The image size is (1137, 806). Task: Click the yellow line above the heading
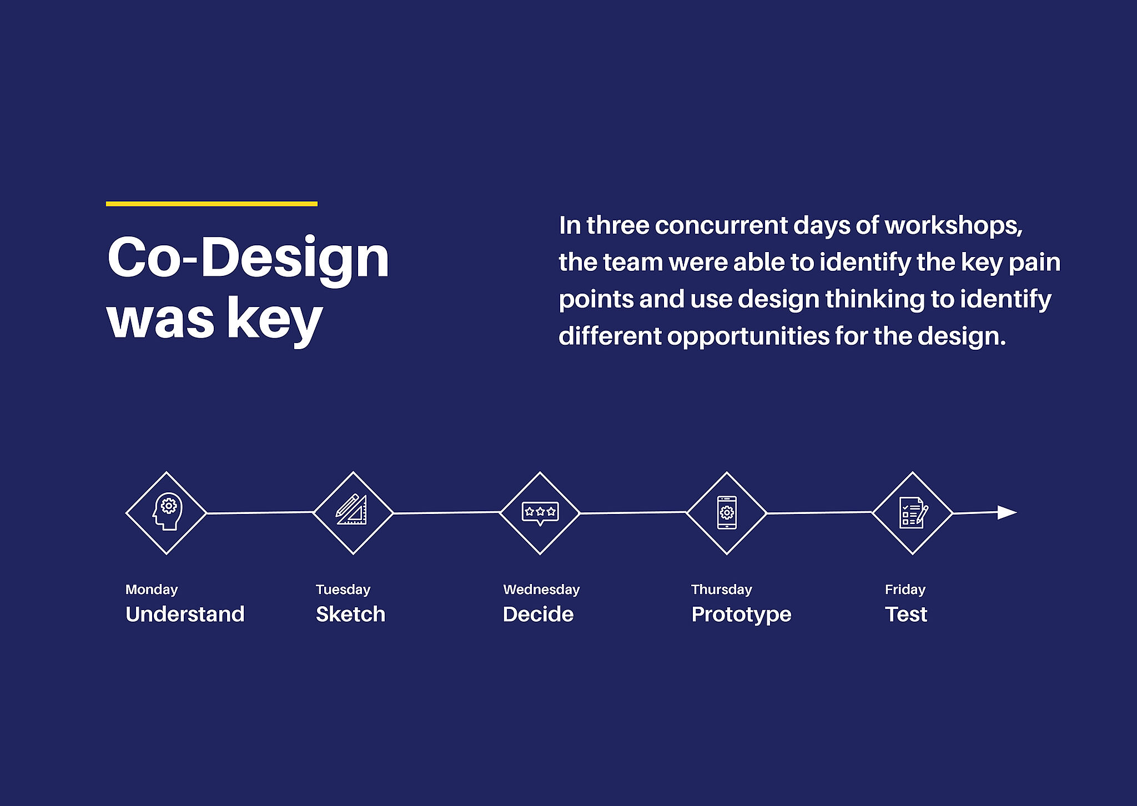212,204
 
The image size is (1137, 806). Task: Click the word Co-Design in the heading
248,259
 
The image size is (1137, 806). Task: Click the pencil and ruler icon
351,509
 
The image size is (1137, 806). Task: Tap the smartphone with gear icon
727,512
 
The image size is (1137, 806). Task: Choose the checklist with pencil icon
913,512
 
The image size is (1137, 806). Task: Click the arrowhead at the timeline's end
1007,512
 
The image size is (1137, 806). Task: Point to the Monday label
152,590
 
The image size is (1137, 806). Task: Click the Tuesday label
343,590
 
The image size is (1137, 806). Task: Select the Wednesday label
541,590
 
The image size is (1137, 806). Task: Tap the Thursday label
722,590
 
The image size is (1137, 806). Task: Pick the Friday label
905,590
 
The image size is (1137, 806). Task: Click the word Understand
185,614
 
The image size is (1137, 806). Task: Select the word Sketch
350,614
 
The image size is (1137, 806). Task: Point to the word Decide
538,614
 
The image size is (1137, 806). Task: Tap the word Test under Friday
906,614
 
